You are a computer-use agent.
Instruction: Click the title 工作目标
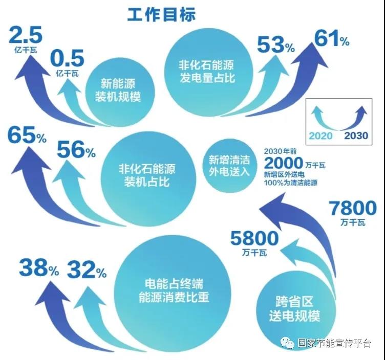(x=161, y=14)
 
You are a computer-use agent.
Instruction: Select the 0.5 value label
(x=67, y=58)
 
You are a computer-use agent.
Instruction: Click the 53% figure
(x=276, y=44)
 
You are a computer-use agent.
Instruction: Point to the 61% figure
(x=331, y=38)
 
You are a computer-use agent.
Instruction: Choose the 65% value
(x=27, y=134)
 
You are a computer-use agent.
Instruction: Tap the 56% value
(x=76, y=149)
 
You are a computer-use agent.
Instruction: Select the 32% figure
(x=87, y=269)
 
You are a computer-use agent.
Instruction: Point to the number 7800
(x=353, y=208)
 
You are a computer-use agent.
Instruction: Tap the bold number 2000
(x=284, y=163)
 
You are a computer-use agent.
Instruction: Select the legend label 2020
(x=320, y=136)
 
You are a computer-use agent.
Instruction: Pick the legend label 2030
(x=356, y=136)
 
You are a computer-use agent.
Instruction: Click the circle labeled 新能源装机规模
(x=120, y=92)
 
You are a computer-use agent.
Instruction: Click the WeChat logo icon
(x=287, y=342)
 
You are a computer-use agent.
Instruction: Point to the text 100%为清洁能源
(x=291, y=183)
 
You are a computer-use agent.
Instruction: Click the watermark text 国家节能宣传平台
(x=334, y=343)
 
